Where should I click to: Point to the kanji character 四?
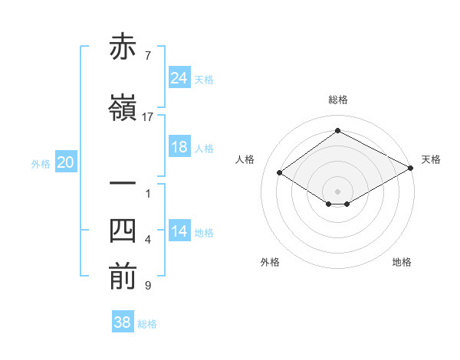pyautogui.click(x=123, y=232)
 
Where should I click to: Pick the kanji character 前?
pyautogui.click(x=123, y=277)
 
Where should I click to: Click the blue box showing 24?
pyautogui.click(x=179, y=78)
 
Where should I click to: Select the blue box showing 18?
pyautogui.click(x=179, y=147)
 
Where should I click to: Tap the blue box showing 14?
pyautogui.click(x=179, y=232)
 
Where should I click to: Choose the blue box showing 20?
pyautogui.click(x=66, y=162)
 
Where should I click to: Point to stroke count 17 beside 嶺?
pyautogui.click(x=148, y=116)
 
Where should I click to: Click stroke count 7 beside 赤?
pyautogui.click(x=147, y=55)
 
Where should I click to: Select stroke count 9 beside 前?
pyautogui.click(x=147, y=286)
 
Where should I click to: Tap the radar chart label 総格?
pyautogui.click(x=337, y=100)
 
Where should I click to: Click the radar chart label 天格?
pyautogui.click(x=431, y=159)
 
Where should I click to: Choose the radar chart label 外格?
pyautogui.click(x=270, y=262)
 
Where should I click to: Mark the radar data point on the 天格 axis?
pyautogui.click(x=412, y=169)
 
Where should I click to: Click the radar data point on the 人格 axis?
pyautogui.click(x=280, y=173)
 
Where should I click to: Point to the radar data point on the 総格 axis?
pyautogui.click(x=337, y=131)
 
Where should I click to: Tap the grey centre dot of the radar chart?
pyautogui.click(x=337, y=191)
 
